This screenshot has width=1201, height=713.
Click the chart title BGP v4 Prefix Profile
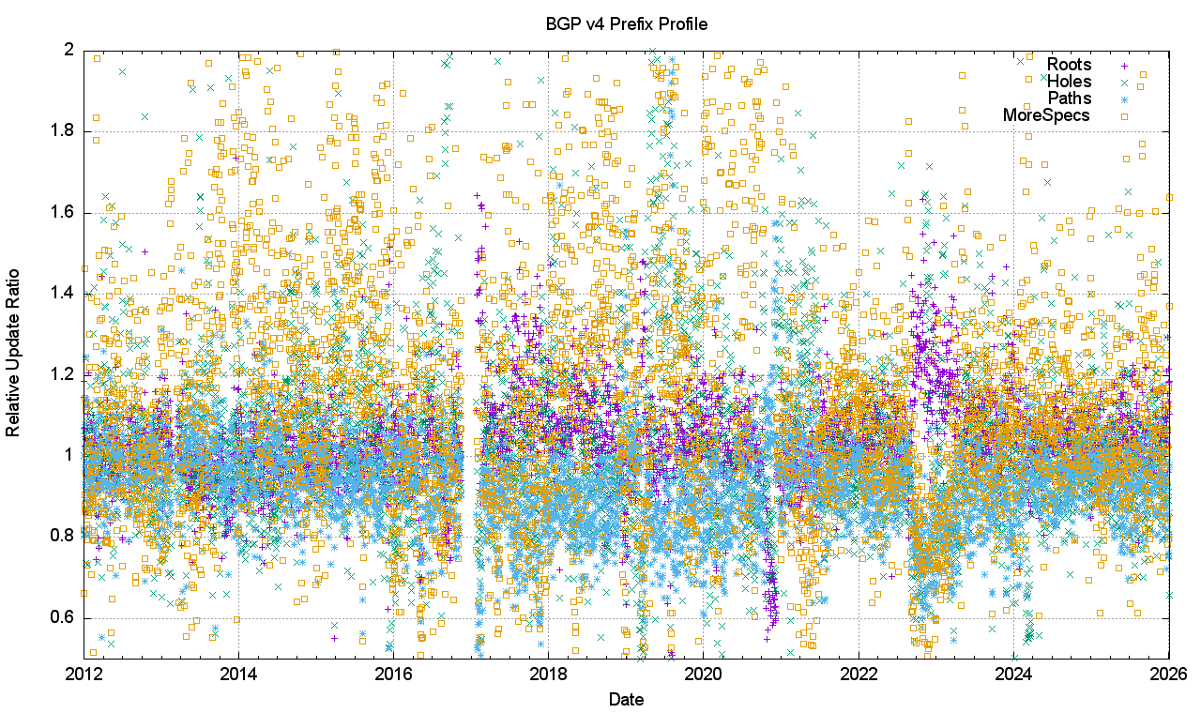(x=626, y=23)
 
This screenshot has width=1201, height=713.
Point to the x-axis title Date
(x=626, y=699)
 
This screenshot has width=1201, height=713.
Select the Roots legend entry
(x=1070, y=65)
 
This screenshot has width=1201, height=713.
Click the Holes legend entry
(x=1070, y=82)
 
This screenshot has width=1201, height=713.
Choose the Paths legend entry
(x=1070, y=99)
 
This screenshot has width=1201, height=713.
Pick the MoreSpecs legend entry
(x=1046, y=115)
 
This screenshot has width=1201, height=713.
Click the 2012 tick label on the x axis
(x=84, y=674)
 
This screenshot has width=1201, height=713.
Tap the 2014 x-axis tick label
(x=238, y=674)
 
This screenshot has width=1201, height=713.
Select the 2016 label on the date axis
(x=393, y=674)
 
